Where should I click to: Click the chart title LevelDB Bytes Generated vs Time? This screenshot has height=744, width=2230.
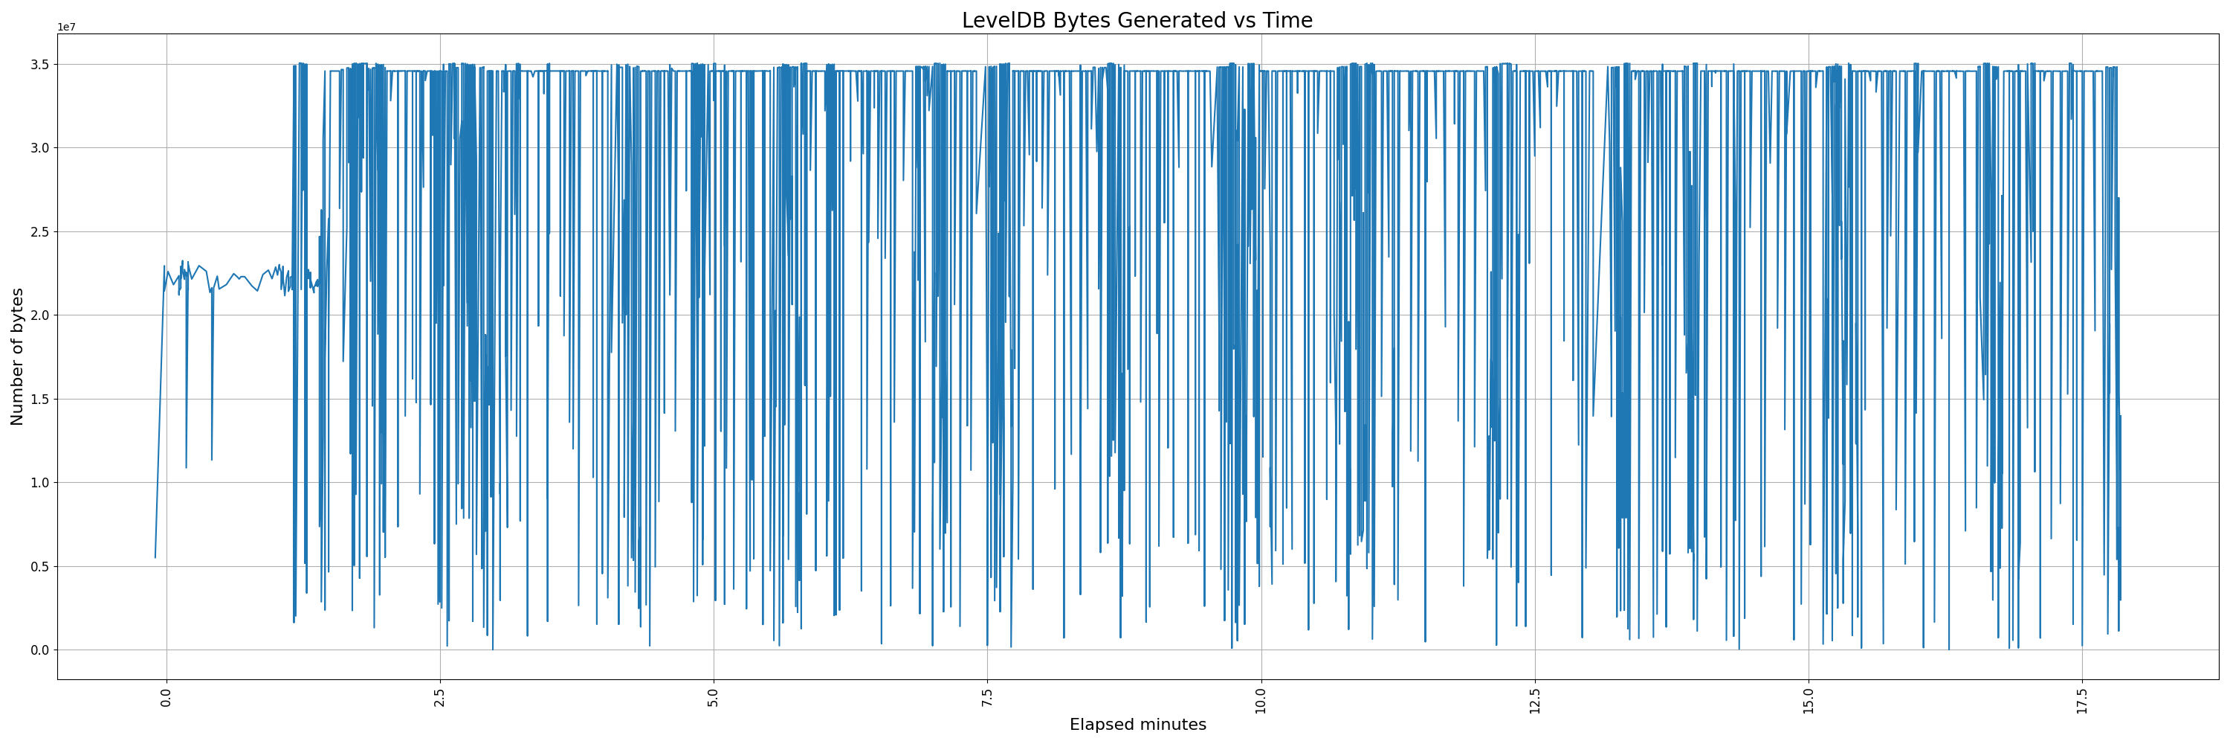tap(1137, 20)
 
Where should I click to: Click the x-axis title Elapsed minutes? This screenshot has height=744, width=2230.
tap(1137, 724)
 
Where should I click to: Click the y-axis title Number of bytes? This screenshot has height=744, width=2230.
tap(17, 357)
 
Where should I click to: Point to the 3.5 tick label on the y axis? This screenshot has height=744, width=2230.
tap(40, 64)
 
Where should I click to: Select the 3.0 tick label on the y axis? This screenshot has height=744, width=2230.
tap(40, 148)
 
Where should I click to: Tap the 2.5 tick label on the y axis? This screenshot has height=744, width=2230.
tap(40, 231)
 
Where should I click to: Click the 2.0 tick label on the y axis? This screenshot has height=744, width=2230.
tap(40, 315)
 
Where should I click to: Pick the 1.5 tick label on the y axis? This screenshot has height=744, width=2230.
tap(40, 400)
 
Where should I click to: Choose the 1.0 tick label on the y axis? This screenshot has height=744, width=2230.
tap(40, 482)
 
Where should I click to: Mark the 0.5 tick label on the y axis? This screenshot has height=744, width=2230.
tap(40, 566)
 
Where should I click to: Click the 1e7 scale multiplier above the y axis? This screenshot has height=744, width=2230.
tap(66, 27)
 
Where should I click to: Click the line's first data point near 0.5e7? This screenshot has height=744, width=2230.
tap(156, 557)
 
